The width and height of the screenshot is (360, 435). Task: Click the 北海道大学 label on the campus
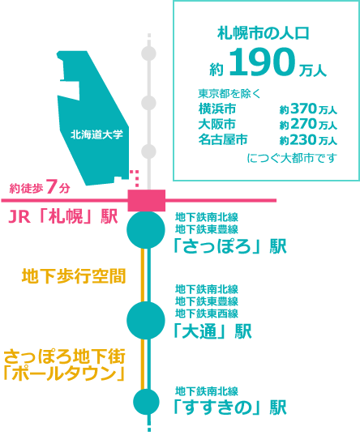coord(96,134)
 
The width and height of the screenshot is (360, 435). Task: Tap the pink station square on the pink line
coord(147,199)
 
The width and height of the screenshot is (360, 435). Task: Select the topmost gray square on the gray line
coord(148,53)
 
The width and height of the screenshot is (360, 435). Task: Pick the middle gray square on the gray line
coord(148,103)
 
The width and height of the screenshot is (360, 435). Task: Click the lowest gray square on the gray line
coord(148,151)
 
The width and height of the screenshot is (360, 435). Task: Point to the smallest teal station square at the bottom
coord(146,402)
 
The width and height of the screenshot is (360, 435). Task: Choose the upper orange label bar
coord(73,276)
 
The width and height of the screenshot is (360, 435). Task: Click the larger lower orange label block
coord(65,365)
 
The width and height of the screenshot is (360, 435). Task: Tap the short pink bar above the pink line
coord(40,186)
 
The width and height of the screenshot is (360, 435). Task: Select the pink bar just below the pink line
coord(63,215)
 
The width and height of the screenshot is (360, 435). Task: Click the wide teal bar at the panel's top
coord(263,32)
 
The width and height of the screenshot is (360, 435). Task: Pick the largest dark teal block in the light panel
coord(262,62)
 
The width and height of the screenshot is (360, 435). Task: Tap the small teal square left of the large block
coord(216,69)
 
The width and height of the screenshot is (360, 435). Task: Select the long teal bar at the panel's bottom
coord(292,158)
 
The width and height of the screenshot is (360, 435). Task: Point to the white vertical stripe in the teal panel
coord(252,89)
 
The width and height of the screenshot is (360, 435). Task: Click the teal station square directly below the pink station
coord(146,231)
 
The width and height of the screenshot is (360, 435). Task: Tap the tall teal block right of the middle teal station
coord(207,301)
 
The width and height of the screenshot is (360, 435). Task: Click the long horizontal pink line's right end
coord(275,200)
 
